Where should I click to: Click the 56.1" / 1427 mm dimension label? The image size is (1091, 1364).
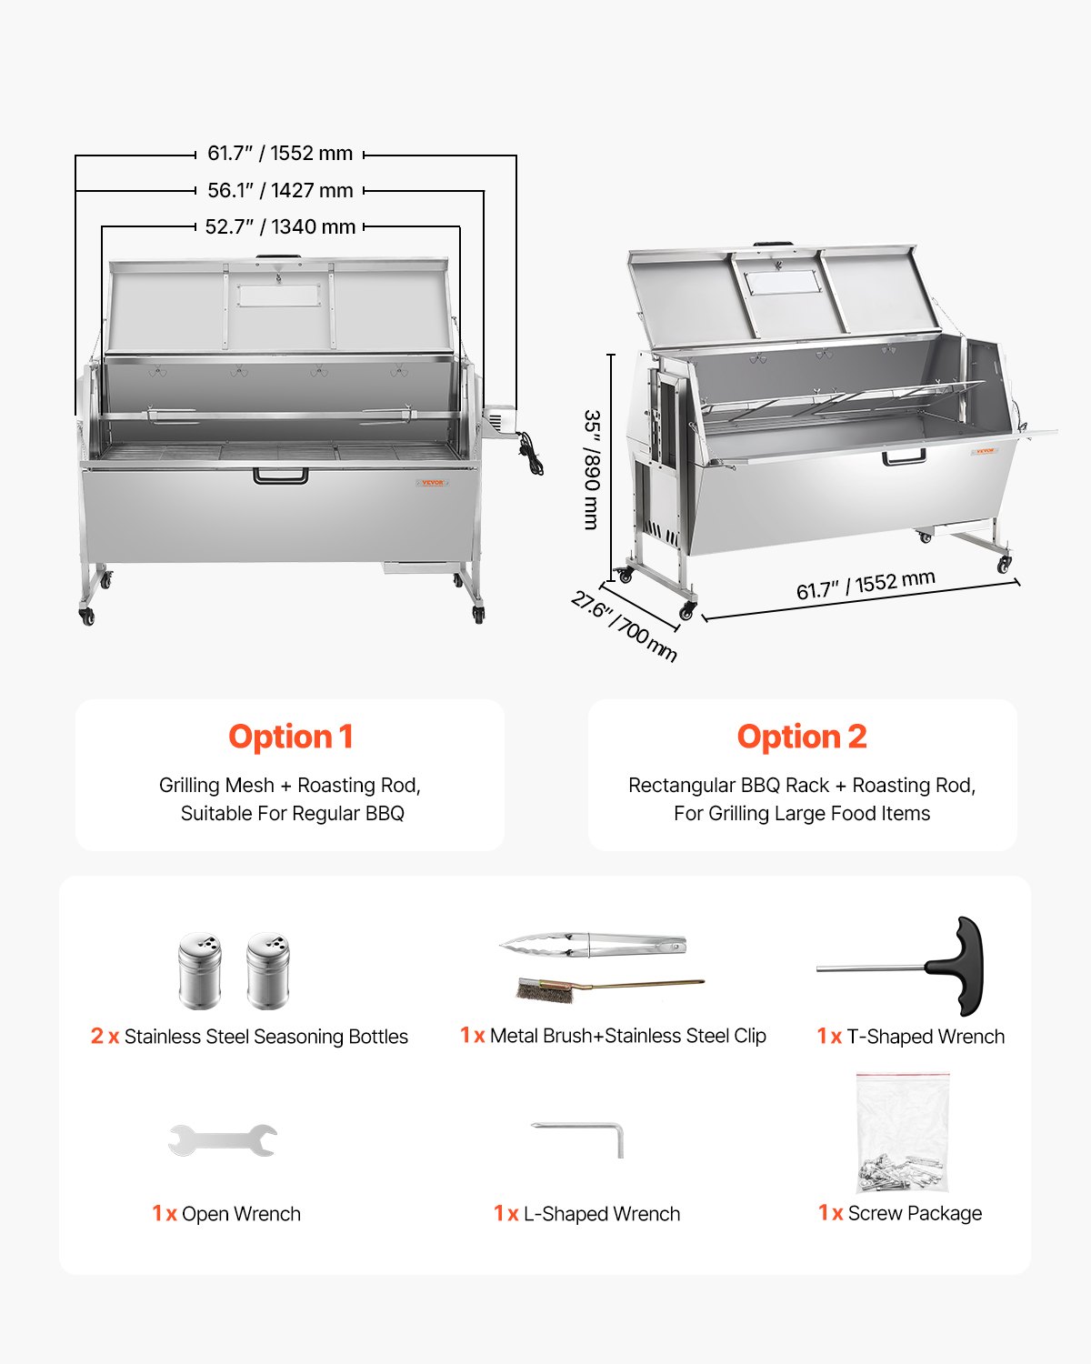(280, 191)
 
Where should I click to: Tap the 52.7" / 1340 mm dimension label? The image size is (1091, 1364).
(280, 227)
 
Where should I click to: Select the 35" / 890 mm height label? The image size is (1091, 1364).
(592, 469)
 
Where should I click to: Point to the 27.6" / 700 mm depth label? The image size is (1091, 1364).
(625, 627)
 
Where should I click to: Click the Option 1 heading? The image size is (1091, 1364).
(290, 737)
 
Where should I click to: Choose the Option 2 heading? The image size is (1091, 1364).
(802, 737)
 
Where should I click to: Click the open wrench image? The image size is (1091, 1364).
(223, 1139)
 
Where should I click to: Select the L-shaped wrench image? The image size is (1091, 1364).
(579, 1137)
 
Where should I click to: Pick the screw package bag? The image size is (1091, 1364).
(903, 1133)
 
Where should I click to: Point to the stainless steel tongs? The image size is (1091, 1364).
(593, 945)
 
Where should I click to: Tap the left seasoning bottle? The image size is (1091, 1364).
(199, 970)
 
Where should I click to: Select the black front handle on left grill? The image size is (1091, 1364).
(280, 475)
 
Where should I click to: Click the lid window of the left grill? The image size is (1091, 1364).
(279, 295)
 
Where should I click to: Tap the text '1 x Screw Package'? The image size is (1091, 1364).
(900, 1213)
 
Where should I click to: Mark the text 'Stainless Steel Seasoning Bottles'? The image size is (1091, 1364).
(265, 1037)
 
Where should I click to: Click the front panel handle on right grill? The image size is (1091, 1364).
(905, 456)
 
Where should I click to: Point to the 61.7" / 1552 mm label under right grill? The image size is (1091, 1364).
(866, 586)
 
